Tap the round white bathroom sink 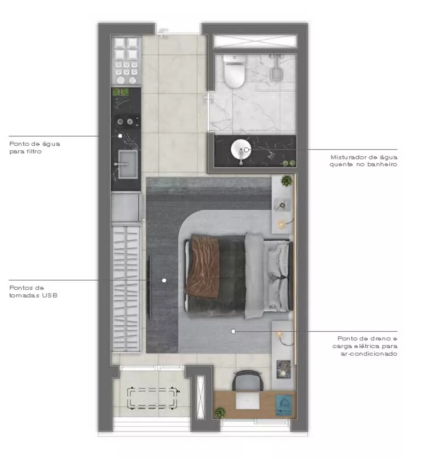click(x=240, y=150)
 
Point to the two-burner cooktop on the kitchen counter click(x=126, y=122)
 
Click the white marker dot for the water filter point click(x=120, y=136)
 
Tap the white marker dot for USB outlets click(x=164, y=280)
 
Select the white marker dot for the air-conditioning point click(x=234, y=331)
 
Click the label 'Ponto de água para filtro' click(x=34, y=147)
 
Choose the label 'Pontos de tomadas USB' click(x=33, y=291)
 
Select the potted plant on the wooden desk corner click(x=221, y=412)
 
